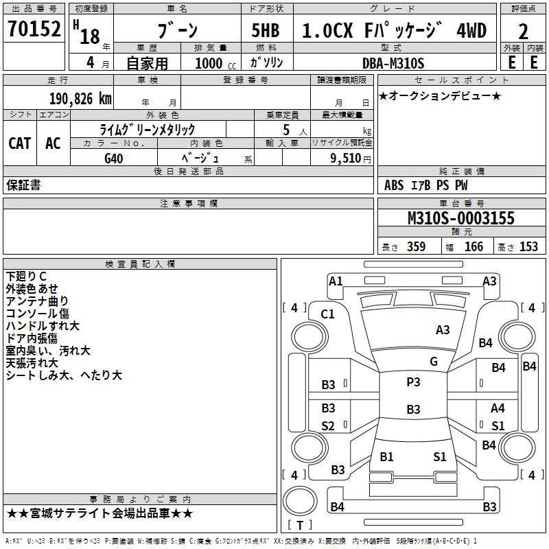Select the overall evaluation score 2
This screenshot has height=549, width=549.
pyautogui.click(x=523, y=31)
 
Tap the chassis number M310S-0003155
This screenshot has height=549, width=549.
pyautogui.click(x=460, y=218)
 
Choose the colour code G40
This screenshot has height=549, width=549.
pyautogui.click(x=114, y=157)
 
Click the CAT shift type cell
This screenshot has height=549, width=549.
pyautogui.click(x=19, y=143)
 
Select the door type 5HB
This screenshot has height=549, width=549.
pyautogui.click(x=260, y=31)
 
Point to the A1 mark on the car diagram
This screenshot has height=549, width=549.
pyautogui.click(x=336, y=281)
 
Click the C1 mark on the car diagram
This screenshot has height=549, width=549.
pyautogui.click(x=328, y=314)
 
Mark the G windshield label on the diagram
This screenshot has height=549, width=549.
pyautogui.click(x=433, y=361)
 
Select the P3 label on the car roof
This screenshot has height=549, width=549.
pyautogui.click(x=413, y=382)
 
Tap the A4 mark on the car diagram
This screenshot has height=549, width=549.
pyautogui.click(x=498, y=408)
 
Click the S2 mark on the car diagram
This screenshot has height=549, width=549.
pyautogui.click(x=328, y=426)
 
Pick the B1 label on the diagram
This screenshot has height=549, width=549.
pyautogui.click(x=386, y=456)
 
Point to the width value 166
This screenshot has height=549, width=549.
pyautogui.click(x=474, y=247)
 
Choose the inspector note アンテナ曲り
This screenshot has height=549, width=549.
pyautogui.click(x=37, y=301)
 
